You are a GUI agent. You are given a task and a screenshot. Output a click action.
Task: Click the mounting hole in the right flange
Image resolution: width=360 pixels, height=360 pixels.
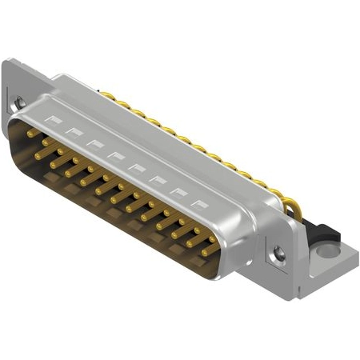point(278,254)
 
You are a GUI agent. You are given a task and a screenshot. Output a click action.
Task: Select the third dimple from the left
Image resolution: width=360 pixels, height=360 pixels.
point(96,142)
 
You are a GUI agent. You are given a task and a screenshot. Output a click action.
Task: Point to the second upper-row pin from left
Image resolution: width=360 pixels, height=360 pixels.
point(46,143)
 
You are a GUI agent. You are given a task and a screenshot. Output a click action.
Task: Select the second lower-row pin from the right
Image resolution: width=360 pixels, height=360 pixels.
point(190,242)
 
